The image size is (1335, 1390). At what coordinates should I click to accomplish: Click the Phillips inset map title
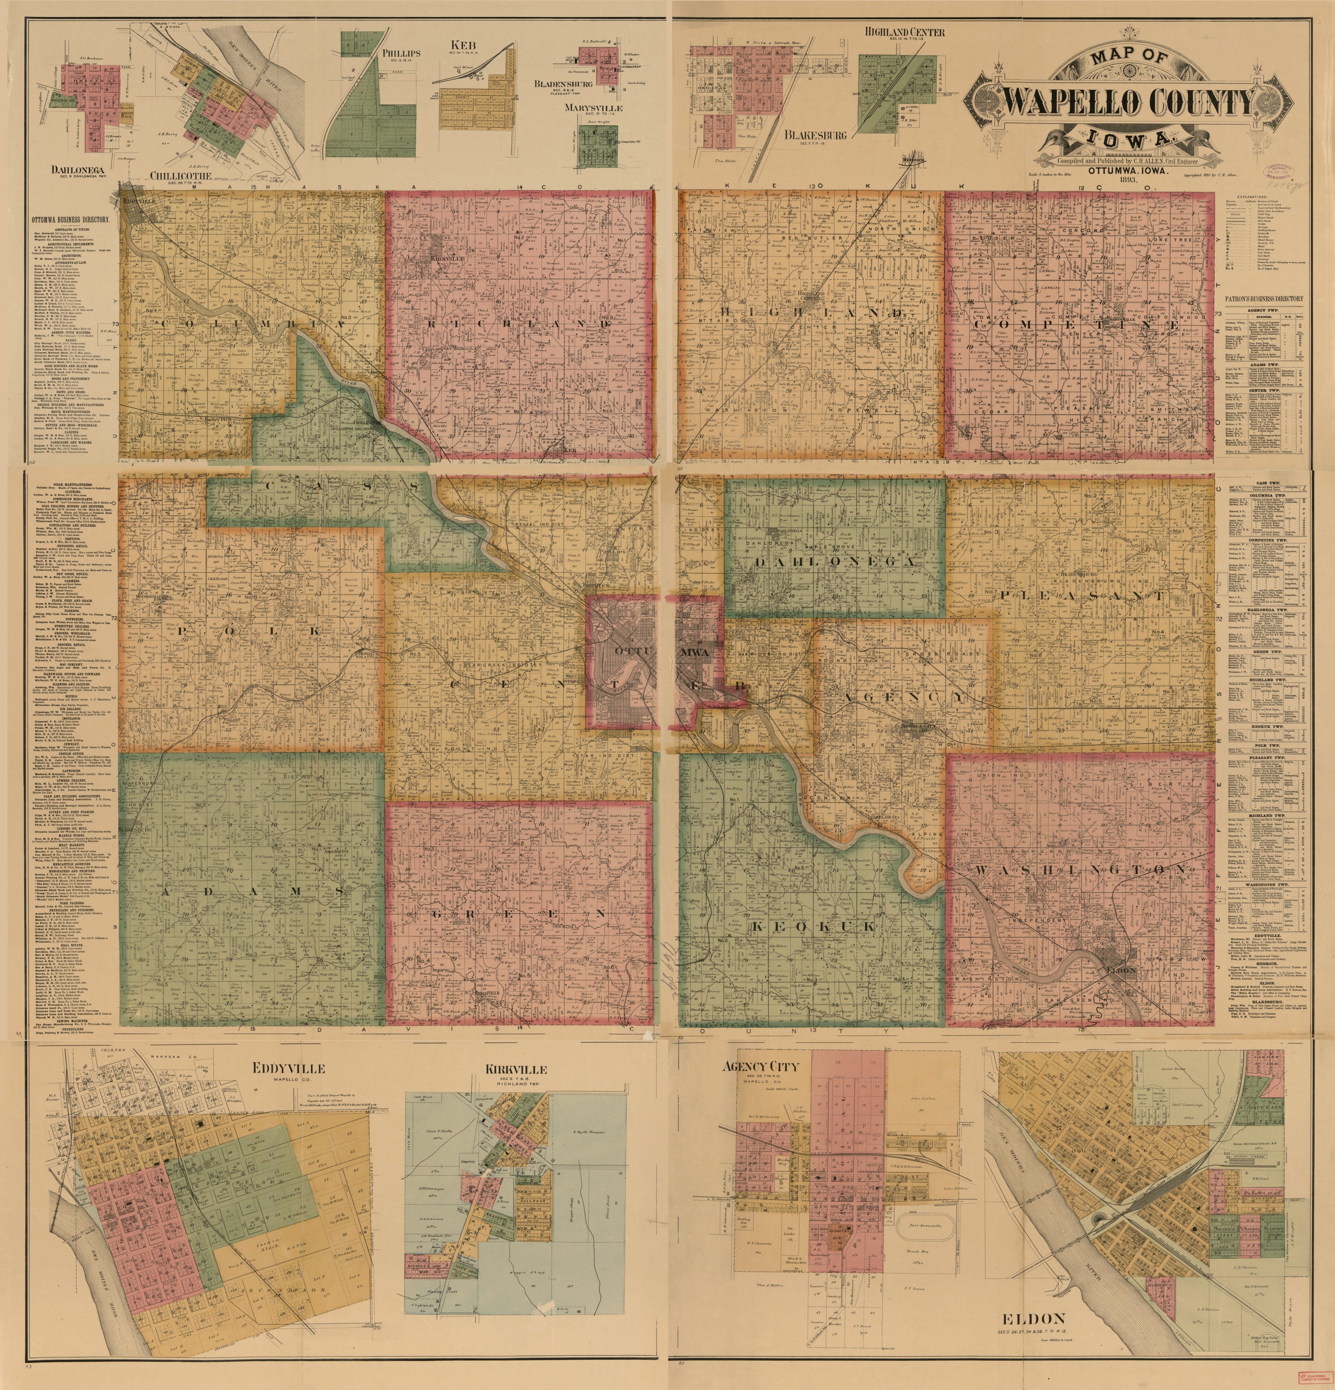click(401, 53)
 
